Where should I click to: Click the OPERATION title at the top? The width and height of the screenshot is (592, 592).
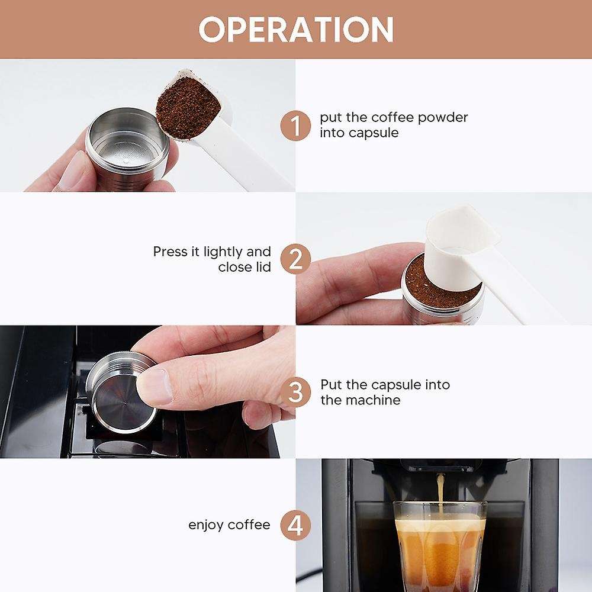click(x=296, y=29)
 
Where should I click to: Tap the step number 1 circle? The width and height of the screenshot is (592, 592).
click(x=295, y=126)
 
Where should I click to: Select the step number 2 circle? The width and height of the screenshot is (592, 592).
click(x=295, y=259)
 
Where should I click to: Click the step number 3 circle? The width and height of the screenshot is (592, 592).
click(x=295, y=392)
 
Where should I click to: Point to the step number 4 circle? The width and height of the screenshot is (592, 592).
click(x=295, y=525)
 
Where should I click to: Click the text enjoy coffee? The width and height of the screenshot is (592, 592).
click(x=229, y=525)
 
